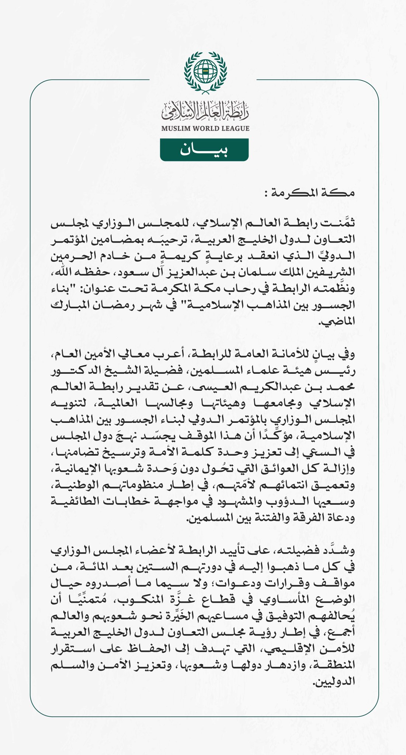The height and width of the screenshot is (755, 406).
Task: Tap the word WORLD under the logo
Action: pyautogui.click(x=205, y=129)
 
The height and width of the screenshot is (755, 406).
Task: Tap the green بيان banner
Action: pyautogui.click(x=204, y=150)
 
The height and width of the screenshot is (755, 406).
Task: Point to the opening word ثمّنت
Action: pyautogui.click(x=338, y=224)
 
